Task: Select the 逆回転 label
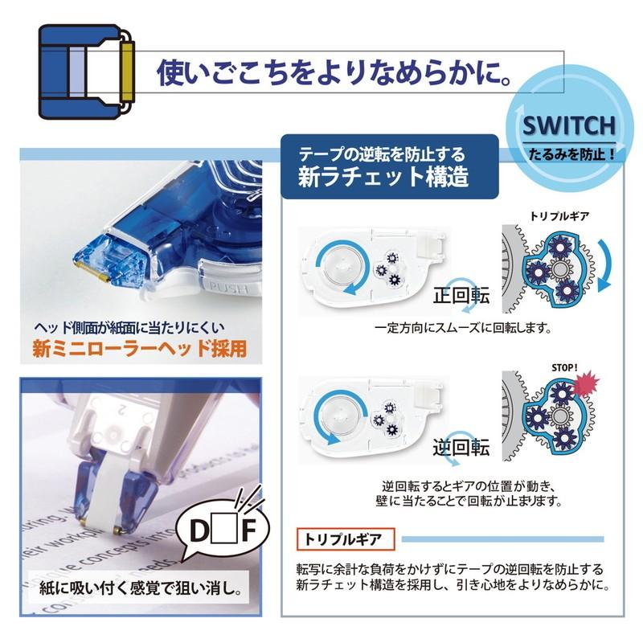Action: [x=460, y=448]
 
